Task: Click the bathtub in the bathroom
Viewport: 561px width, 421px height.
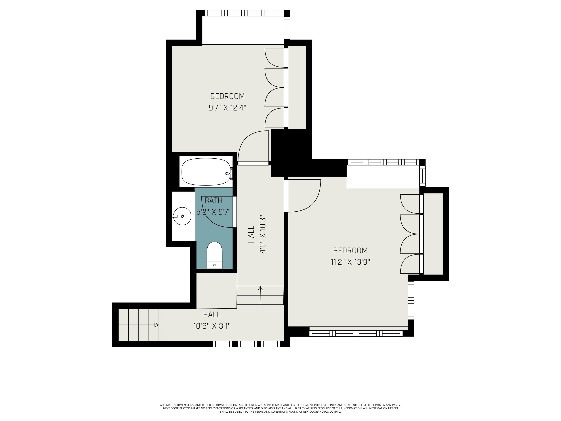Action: [206, 172]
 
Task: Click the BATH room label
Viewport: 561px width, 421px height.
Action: [213, 200]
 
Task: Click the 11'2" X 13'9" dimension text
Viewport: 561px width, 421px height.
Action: [350, 262]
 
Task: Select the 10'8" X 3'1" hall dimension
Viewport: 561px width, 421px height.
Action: [211, 326]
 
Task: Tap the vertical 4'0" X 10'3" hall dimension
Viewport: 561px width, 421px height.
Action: [262, 236]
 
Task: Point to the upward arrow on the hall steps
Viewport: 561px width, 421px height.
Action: [260, 288]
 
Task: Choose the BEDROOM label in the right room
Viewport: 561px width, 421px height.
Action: [350, 251]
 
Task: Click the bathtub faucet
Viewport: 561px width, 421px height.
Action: [228, 174]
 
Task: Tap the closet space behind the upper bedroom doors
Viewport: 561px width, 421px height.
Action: [297, 87]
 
